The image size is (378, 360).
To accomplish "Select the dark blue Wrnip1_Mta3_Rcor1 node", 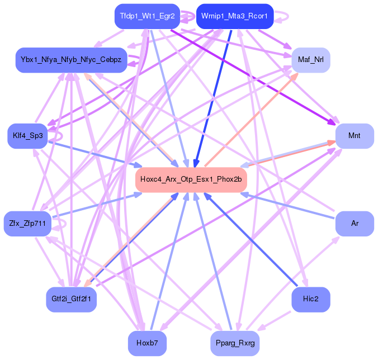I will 235,16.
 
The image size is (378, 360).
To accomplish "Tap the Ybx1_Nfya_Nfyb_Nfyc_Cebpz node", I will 71,60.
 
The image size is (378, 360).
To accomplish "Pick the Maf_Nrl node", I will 311,60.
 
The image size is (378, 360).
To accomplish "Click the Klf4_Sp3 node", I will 27,136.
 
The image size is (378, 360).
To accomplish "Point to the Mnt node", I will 354,136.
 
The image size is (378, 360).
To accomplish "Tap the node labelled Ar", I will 354,224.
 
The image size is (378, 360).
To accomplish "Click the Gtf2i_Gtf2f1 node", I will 71,299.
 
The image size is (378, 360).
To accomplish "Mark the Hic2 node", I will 311,299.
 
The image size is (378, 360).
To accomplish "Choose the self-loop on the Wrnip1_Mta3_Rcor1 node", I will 283,16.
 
